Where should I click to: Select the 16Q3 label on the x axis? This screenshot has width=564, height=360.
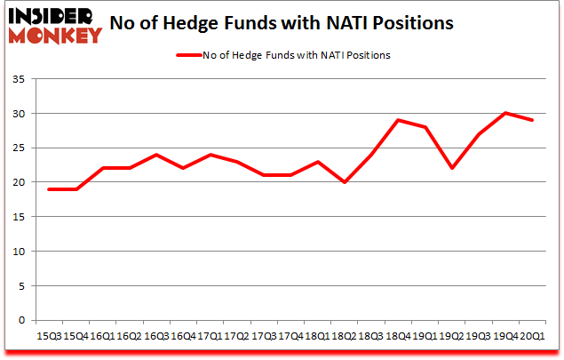156,336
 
